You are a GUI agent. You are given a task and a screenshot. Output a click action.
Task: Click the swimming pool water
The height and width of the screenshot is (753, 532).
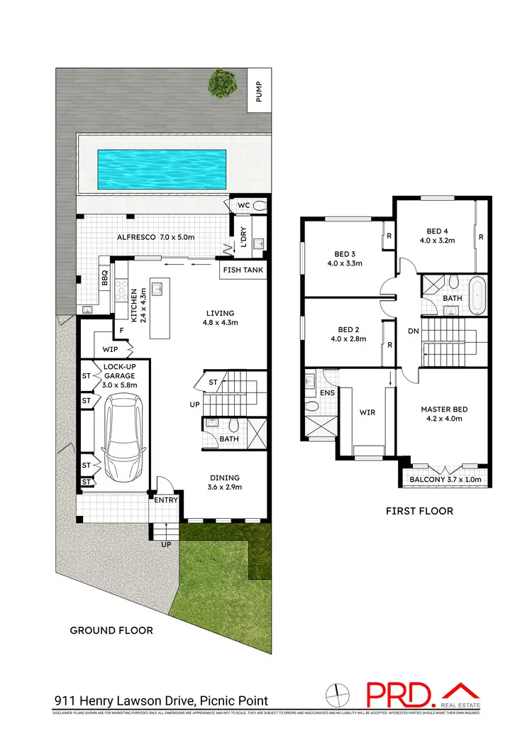(161, 170)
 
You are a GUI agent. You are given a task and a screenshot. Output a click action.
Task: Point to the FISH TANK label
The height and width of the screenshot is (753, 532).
(243, 270)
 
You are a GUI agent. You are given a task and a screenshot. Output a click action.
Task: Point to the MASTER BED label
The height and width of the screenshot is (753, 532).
(444, 410)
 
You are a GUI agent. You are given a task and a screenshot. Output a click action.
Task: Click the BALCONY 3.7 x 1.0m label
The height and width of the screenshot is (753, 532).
(445, 480)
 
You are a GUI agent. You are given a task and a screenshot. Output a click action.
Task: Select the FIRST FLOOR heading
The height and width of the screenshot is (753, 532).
(419, 511)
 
